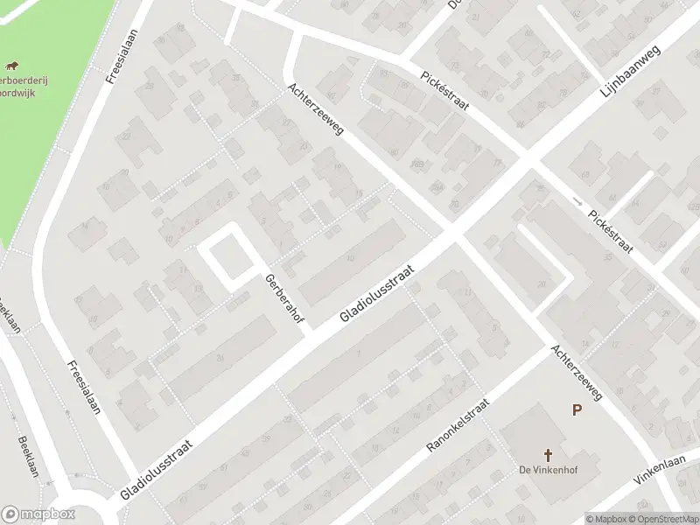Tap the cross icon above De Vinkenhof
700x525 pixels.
tap(549, 455)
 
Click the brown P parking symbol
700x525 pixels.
tap(577, 409)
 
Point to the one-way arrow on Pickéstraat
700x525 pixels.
tap(577, 201)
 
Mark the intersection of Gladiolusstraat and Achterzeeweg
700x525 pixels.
tap(453, 235)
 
